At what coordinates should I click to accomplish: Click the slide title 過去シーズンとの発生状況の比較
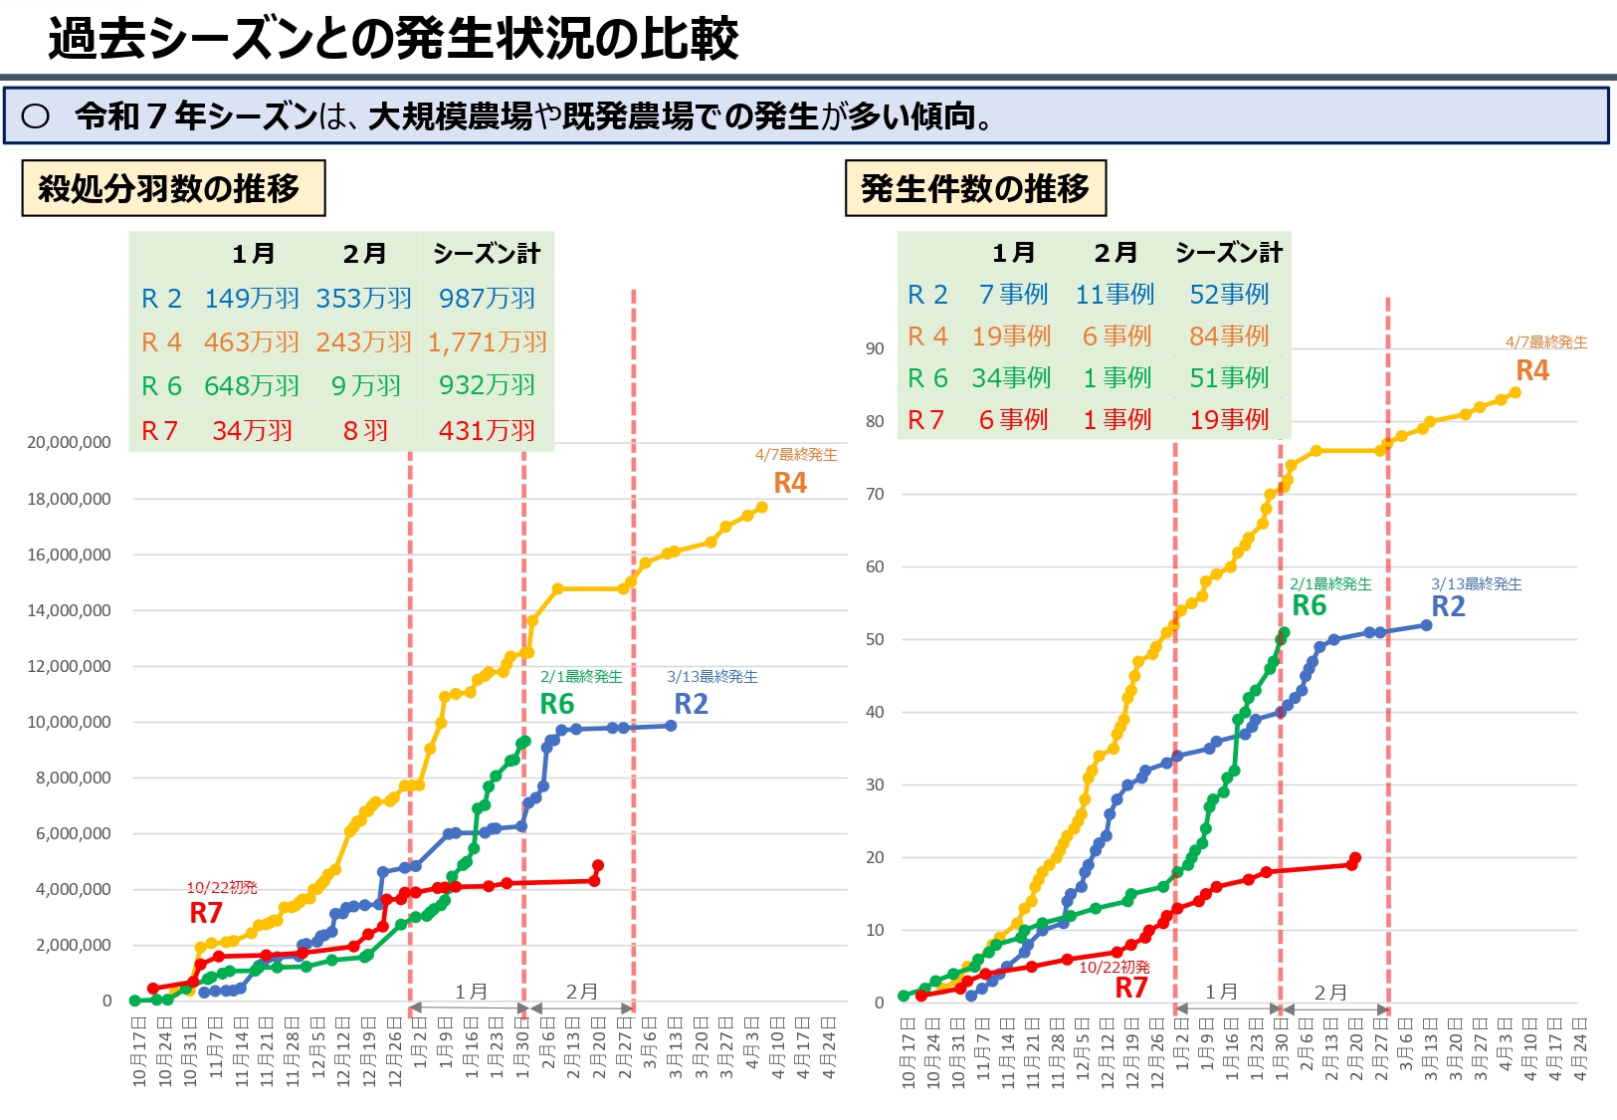coord(393,40)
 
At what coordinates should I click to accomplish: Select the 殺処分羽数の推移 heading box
coord(173,188)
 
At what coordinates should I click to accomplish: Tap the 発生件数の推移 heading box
coord(975,188)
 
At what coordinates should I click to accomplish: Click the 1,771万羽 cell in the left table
coord(488,342)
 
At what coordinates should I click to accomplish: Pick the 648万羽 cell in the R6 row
coord(252,386)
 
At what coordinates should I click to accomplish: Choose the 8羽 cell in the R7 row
coord(365,431)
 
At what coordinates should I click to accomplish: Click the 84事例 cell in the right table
coord(1229,336)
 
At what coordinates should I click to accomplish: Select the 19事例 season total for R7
coord(1229,420)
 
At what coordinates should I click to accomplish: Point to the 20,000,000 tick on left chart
coord(70,442)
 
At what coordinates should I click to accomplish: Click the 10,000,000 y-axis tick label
coord(70,722)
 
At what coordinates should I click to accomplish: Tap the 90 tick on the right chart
coord(875,348)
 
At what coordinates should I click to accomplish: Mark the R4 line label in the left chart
coord(790,483)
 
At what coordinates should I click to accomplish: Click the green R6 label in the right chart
coord(1309,605)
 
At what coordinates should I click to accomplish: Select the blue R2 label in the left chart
coord(691,704)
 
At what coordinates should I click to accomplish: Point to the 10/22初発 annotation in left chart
coord(222,888)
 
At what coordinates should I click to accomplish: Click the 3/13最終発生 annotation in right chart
coord(1476,584)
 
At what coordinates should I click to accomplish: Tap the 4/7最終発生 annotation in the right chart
coord(1545,342)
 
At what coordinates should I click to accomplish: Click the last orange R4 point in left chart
coord(762,508)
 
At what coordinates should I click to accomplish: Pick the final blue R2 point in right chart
coord(1426,625)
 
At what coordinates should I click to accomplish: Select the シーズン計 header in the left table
coord(487,254)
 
